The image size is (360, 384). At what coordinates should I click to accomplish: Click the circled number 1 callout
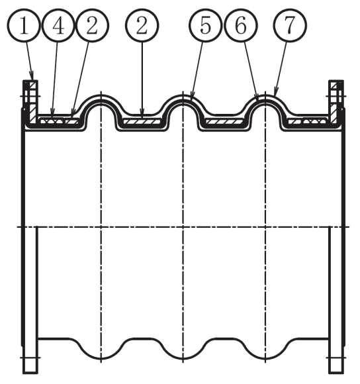(23, 25)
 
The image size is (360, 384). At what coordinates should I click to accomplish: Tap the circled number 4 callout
(58, 25)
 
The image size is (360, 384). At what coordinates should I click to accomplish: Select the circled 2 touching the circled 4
(92, 25)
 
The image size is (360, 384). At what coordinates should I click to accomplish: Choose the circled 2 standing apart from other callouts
(142, 25)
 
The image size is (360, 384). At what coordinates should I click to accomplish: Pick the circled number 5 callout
(205, 25)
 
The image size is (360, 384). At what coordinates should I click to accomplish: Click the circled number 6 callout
(241, 25)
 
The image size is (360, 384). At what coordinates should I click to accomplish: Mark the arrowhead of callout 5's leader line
(192, 95)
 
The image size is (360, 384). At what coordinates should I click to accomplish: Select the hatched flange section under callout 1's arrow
(33, 103)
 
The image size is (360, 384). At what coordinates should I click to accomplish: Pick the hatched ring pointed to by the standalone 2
(142, 121)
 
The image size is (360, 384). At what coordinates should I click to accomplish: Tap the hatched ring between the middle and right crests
(224, 121)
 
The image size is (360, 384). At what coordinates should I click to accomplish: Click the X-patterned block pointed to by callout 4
(52, 120)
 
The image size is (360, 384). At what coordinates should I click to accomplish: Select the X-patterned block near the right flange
(315, 120)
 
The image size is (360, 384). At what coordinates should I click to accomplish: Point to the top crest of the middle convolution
(183, 96)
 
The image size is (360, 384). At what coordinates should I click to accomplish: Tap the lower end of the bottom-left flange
(30, 373)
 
